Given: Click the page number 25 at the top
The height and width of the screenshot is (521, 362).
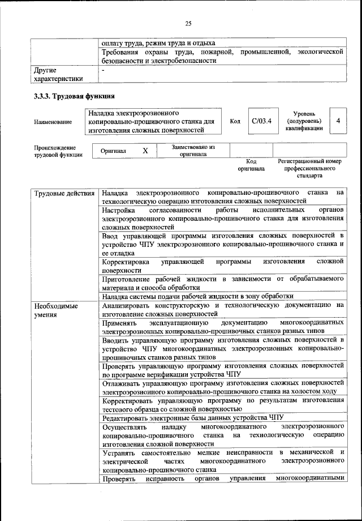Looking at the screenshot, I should (x=188, y=23).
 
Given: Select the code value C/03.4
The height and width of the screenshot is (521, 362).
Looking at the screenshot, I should (x=262, y=121).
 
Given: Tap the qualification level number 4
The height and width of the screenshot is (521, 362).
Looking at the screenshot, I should (x=338, y=121).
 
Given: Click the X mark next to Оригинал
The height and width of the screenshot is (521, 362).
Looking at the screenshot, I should (x=145, y=151).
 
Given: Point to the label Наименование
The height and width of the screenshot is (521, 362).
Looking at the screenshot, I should (x=53, y=122).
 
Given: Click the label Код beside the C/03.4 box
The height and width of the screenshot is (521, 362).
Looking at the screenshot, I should (x=235, y=121).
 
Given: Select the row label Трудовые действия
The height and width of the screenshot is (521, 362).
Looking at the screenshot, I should (x=63, y=194).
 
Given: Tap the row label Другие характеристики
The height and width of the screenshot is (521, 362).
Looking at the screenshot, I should (x=58, y=74).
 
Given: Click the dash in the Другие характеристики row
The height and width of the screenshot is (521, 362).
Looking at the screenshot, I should (x=104, y=70).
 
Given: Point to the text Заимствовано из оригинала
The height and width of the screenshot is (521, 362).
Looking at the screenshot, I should (x=193, y=150).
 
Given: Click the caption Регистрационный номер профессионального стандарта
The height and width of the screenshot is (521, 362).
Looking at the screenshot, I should (x=310, y=169).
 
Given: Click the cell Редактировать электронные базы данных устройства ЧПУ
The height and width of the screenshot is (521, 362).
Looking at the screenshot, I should (x=192, y=417).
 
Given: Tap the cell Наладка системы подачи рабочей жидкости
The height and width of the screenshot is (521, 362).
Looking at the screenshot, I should (x=198, y=296).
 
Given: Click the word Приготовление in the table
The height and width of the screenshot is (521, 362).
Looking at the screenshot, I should (x=127, y=278).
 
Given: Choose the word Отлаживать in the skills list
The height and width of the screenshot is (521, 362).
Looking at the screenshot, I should (x=122, y=382).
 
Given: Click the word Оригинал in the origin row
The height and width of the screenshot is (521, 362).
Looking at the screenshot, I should (x=114, y=152).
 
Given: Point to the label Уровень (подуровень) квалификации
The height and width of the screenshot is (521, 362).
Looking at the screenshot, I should (x=304, y=121).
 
